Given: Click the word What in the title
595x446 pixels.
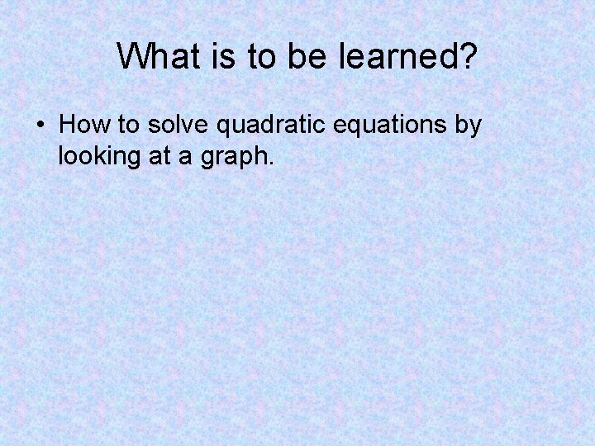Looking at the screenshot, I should click(x=155, y=56).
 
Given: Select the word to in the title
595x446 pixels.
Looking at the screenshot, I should click(x=259, y=56).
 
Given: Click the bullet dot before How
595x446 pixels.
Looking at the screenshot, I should click(x=40, y=126).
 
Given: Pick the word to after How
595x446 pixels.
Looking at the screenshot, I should click(x=121, y=125).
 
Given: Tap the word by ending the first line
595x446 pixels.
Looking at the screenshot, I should click(x=469, y=125).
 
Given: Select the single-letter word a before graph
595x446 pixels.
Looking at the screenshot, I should click(x=186, y=155).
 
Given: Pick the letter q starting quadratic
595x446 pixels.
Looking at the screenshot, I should click(x=222, y=126).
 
